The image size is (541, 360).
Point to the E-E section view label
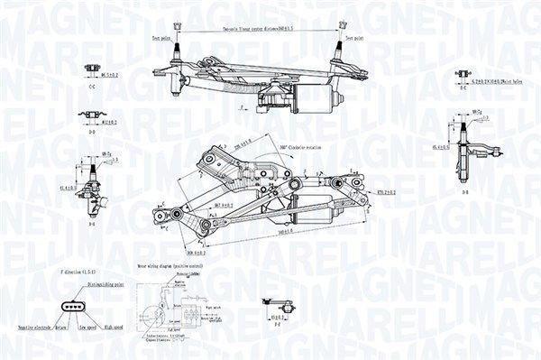462,88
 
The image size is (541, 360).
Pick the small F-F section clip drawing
274,305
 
